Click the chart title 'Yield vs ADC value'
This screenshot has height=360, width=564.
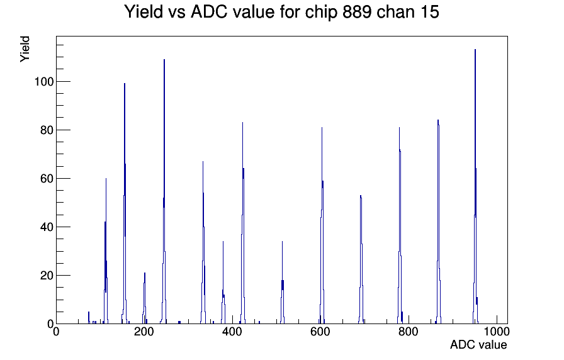point(200,11)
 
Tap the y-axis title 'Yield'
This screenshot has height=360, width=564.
point(25,49)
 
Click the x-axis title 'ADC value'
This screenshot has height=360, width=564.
point(478,344)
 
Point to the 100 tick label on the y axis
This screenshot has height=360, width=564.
point(44,82)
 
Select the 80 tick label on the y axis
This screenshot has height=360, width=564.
point(47,130)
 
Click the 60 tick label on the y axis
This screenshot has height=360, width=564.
point(47,179)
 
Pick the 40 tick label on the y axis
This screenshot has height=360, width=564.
point(47,227)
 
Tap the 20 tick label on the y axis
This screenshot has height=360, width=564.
point(47,276)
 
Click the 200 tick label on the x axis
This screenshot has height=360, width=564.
point(144,332)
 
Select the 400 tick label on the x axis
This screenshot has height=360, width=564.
point(232,332)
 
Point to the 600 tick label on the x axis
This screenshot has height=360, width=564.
point(320,332)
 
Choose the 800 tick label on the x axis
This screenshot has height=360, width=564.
point(409,332)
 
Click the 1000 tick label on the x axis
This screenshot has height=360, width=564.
point(497,332)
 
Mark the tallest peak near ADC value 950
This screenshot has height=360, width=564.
point(475,50)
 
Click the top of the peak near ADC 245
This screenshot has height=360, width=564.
point(164,60)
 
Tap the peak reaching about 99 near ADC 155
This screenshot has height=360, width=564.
point(125,84)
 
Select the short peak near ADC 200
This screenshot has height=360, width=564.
point(145,273)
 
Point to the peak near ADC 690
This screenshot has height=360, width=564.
point(361,196)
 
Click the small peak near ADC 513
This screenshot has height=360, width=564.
point(283,242)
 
